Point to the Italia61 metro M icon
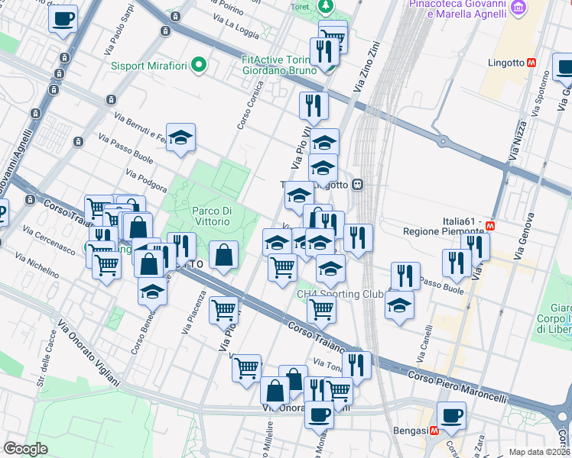(x=489, y=227)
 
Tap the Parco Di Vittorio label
(x=210, y=215)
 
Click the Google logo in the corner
(x=26, y=449)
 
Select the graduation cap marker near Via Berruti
(x=180, y=137)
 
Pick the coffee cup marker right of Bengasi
(x=451, y=415)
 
